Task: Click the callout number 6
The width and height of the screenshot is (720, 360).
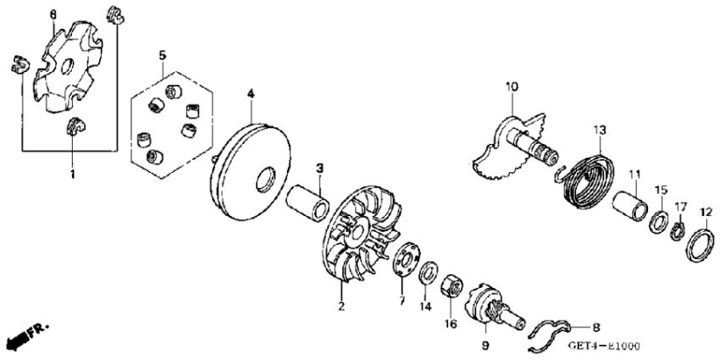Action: tap(53, 14)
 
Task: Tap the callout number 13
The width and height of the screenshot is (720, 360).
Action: tap(600, 130)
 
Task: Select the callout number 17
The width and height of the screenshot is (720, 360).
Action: tap(680, 207)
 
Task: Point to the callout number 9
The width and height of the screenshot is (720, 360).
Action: tap(486, 345)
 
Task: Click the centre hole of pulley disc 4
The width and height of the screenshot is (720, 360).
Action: tap(266, 180)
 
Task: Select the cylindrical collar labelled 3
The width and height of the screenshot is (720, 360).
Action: tap(308, 202)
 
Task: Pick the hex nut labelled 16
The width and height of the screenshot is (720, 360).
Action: tap(451, 288)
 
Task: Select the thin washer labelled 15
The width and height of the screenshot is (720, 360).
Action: tap(659, 220)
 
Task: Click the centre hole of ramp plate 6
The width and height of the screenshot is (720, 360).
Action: tap(67, 67)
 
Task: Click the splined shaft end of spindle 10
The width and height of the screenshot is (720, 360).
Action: tap(547, 155)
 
